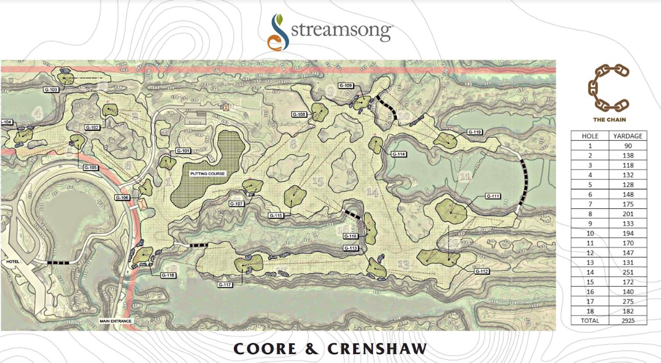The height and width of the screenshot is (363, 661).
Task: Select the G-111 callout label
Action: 493,196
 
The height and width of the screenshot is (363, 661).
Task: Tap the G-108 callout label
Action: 299,114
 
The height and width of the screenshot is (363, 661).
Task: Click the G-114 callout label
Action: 398,154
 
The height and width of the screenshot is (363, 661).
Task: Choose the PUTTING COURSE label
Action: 208,174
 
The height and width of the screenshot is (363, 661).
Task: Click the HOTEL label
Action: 12,262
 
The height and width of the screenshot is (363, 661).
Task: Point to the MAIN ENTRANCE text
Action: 116,321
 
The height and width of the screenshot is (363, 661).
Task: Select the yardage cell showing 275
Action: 628,302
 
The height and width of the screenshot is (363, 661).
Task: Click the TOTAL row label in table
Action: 589,321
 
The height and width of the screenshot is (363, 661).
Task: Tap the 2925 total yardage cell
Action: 628,321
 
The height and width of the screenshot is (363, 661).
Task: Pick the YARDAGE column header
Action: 628,136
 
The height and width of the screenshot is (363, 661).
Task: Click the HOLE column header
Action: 589,136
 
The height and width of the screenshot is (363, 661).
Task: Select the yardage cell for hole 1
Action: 628,145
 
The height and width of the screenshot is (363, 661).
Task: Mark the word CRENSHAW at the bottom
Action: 377,349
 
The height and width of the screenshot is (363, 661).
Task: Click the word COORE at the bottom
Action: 265,349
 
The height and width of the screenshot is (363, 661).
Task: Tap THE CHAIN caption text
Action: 608,120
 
